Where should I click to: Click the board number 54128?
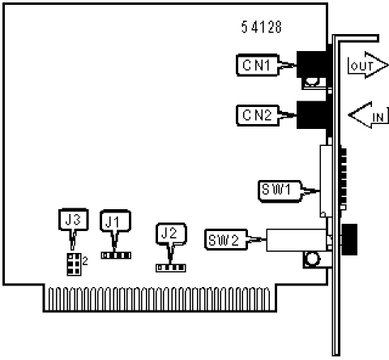pyautogui.click(x=261, y=27)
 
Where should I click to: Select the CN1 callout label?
pyautogui.click(x=257, y=65)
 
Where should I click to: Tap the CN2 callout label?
pyautogui.click(x=257, y=115)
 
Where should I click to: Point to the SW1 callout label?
pyautogui.click(x=280, y=191)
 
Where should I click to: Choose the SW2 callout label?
pyautogui.click(x=226, y=239)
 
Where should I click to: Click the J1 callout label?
pyautogui.click(x=115, y=221)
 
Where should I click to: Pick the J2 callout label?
pyautogui.click(x=171, y=234)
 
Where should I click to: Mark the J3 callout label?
pyautogui.click(x=74, y=220)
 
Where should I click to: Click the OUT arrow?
pyautogui.click(x=367, y=65)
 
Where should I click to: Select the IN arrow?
pyautogui.click(x=368, y=115)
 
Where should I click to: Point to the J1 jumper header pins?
pyautogui.click(x=116, y=255)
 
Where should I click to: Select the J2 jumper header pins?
pyautogui.click(x=171, y=268)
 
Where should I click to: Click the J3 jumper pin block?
pyautogui.click(x=74, y=264)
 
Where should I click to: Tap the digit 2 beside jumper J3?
pyautogui.click(x=85, y=261)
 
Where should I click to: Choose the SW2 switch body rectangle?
pyautogui.click(x=297, y=240)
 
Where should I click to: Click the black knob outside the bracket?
pyautogui.click(x=349, y=239)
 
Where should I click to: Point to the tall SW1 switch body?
pyautogui.click(x=326, y=181)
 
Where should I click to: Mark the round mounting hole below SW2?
pyautogui.click(x=312, y=259)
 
